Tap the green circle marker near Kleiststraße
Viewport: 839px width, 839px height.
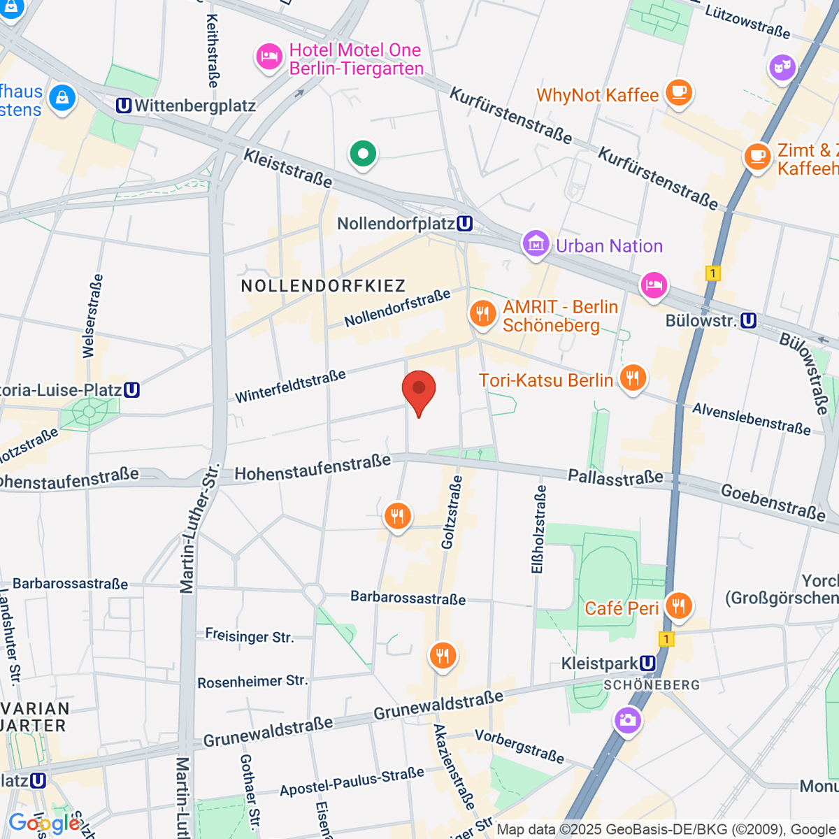point(363,153)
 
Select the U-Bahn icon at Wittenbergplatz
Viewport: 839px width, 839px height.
point(124,106)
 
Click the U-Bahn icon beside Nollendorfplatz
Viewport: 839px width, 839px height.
point(464,224)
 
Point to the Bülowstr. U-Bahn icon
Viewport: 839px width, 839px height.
point(748,321)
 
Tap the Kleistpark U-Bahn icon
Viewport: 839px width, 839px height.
point(647,663)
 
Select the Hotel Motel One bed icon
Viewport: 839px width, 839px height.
point(269,57)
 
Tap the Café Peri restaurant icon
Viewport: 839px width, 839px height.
point(678,605)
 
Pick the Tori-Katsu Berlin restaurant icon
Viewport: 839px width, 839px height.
point(633,378)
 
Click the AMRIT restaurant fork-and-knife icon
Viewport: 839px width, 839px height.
point(482,313)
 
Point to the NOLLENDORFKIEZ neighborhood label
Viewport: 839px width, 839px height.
point(323,286)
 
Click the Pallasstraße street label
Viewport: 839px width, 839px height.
point(615,477)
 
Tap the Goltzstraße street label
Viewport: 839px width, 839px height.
point(452,512)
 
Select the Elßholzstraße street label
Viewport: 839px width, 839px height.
point(538,529)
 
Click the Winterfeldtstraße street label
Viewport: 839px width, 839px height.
point(290,387)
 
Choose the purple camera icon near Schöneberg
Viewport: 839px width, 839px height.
point(627,719)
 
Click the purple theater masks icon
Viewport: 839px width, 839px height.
point(782,68)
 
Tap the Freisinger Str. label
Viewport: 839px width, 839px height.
point(249,636)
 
